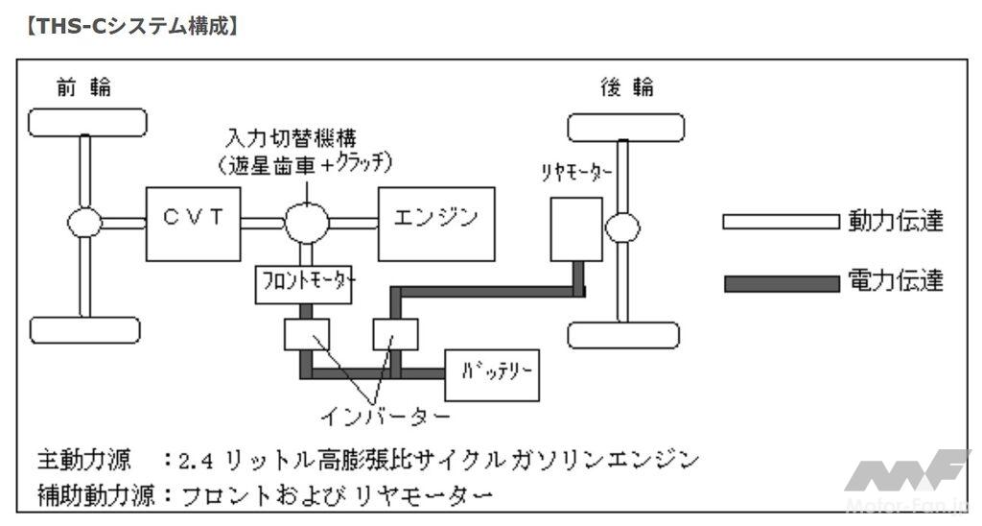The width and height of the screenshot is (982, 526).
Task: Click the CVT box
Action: (192, 224)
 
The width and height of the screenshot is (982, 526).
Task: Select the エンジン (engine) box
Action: (436, 224)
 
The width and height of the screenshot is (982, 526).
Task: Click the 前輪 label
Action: (84, 88)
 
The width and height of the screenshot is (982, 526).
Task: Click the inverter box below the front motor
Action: (307, 334)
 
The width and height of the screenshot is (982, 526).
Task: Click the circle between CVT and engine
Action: (307, 224)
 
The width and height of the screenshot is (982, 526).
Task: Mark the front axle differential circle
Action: (85, 224)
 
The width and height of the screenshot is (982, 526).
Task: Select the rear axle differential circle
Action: (623, 228)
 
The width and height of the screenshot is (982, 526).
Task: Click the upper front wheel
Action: (87, 123)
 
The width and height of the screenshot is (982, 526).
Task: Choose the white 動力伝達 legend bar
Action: (780, 223)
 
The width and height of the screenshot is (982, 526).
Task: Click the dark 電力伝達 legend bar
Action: (780, 283)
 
